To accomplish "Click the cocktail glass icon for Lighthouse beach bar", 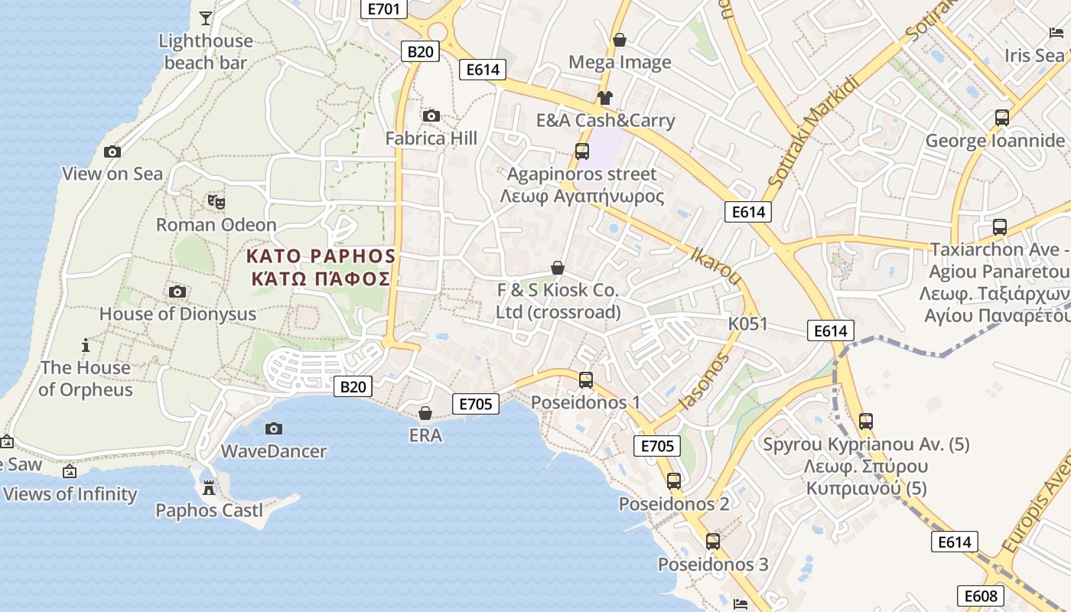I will click(205, 18).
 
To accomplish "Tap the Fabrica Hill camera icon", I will click(431, 116).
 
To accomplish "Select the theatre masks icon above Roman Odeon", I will click(216, 202).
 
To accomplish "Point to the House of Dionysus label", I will click(177, 314).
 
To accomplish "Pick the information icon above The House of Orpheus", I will click(86, 345).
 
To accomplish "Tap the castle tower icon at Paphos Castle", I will click(208, 487).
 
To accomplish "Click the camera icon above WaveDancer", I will click(273, 428).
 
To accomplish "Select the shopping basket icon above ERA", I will click(425, 413).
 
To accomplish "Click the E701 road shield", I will click(383, 9).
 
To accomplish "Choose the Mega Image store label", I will click(620, 62).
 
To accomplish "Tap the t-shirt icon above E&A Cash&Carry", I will click(605, 97).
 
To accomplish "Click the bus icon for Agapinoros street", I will click(582, 151).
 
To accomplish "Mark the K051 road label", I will click(747, 324).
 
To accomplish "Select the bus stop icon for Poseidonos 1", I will click(586, 379).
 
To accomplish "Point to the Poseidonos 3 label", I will click(713, 565).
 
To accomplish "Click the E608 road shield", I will click(980, 596).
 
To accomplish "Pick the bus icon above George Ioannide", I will click(1001, 118).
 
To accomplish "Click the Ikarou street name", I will click(716, 265).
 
